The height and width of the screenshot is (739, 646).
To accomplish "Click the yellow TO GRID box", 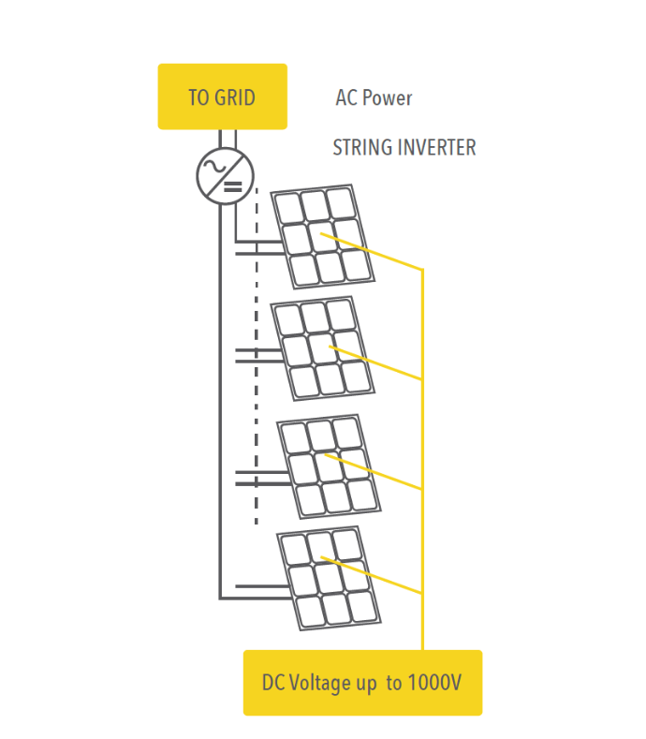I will click(x=222, y=96).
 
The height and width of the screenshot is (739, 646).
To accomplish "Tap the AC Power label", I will click(x=374, y=97).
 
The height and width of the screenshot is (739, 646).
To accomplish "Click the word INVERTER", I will click(x=436, y=148).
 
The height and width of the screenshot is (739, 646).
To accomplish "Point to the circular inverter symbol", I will click(x=225, y=175).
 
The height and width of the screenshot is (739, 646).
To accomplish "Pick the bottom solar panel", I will click(x=329, y=578).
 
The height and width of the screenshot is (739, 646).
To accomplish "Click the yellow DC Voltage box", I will click(x=362, y=683).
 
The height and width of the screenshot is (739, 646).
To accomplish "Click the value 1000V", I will click(x=434, y=683).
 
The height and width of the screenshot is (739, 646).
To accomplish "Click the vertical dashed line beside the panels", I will click(x=257, y=375).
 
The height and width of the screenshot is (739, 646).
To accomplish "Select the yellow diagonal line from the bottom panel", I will click(x=374, y=576).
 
